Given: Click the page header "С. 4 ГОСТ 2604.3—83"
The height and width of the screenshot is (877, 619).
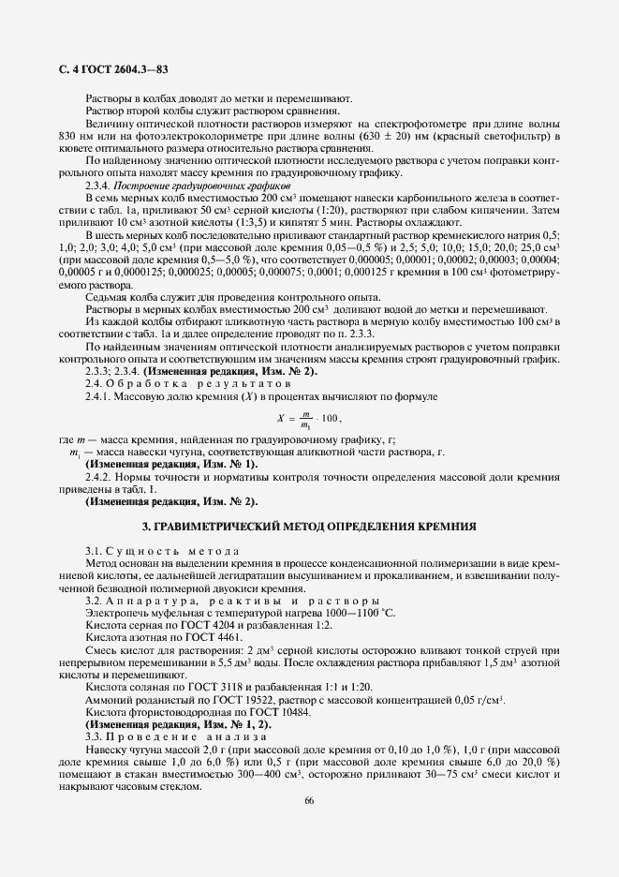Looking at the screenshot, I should pos(107,69).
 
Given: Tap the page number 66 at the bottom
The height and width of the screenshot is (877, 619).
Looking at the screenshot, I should pos(310,799).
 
